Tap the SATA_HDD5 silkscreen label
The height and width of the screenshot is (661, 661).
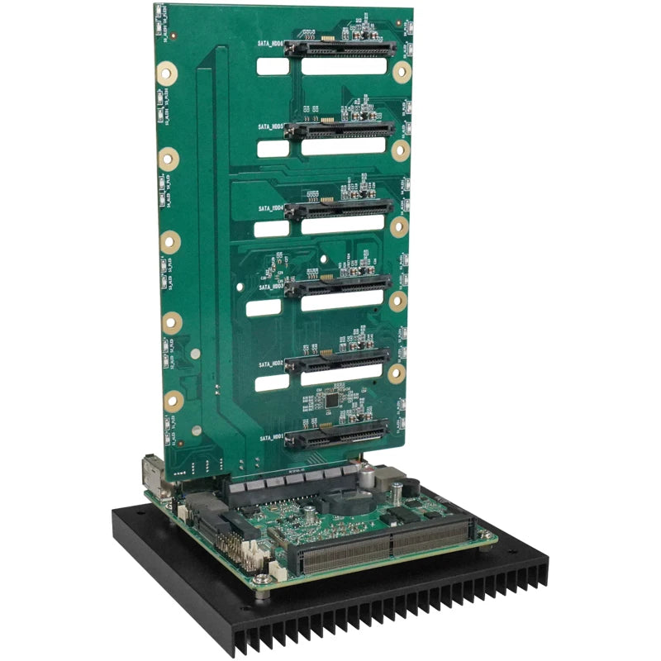click(270, 127)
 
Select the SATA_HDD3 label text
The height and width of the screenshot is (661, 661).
click(270, 285)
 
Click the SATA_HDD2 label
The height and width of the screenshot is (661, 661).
click(270, 364)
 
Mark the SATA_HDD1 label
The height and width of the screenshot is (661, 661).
click(271, 437)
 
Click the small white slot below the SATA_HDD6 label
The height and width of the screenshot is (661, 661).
click(272, 66)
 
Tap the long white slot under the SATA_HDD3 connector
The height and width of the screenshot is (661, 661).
click(341, 303)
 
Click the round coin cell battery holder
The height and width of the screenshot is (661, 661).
click(346, 503)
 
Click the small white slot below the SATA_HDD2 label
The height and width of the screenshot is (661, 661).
click(271, 383)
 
